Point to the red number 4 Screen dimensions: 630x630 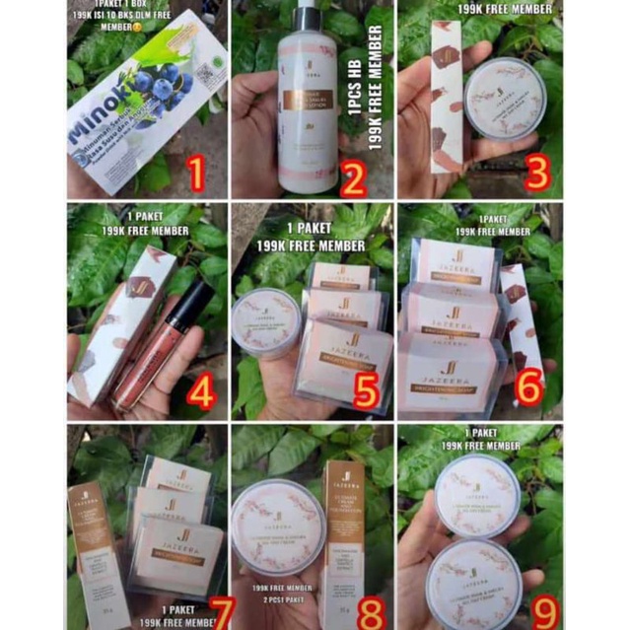click(x=200, y=393)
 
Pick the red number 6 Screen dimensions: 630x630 click(x=527, y=387)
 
